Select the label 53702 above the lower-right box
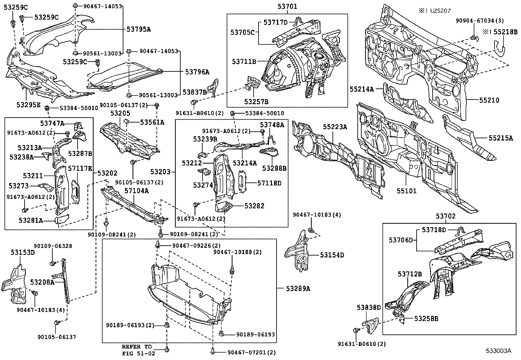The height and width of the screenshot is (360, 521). pyautogui.click(x=445, y=216)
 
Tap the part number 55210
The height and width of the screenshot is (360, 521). pyautogui.click(x=489, y=100)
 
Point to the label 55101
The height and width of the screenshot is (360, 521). pyautogui.click(x=406, y=190)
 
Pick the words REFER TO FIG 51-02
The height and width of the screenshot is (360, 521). pyautogui.click(x=137, y=350)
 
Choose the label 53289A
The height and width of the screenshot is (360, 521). pyautogui.click(x=298, y=288)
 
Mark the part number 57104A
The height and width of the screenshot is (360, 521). pyautogui.click(x=136, y=191)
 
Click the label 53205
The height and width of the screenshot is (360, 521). pyautogui.click(x=120, y=113)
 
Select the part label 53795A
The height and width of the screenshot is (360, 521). pyautogui.click(x=139, y=29)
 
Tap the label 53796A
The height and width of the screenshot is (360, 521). pyautogui.click(x=197, y=72)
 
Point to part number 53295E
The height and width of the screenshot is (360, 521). pyautogui.click(x=28, y=104)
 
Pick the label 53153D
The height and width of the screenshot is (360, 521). pyautogui.click(x=23, y=252)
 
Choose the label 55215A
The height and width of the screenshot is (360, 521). pyautogui.click(x=501, y=138)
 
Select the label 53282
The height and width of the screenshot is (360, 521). pyautogui.click(x=254, y=206)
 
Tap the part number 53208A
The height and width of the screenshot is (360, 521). pyautogui.click(x=42, y=282)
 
